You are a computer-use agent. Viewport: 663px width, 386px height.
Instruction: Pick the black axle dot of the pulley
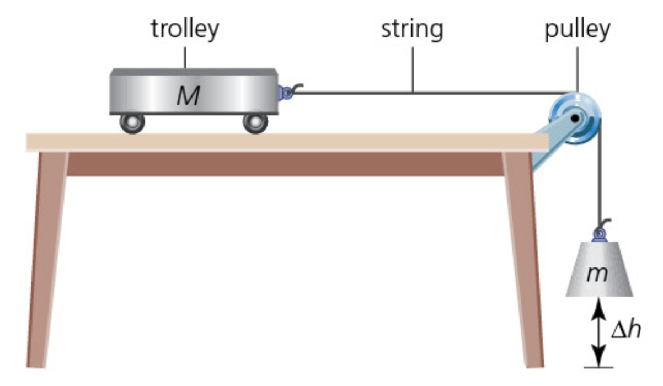pos(575,117)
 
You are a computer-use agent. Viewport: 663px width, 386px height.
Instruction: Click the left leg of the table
pos(47,259)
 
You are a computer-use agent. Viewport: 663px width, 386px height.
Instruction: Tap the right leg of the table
pos(524,259)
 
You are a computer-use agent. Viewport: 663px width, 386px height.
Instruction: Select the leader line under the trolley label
pos(185,57)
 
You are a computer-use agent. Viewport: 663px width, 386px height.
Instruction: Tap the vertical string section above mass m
pos(598,176)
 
